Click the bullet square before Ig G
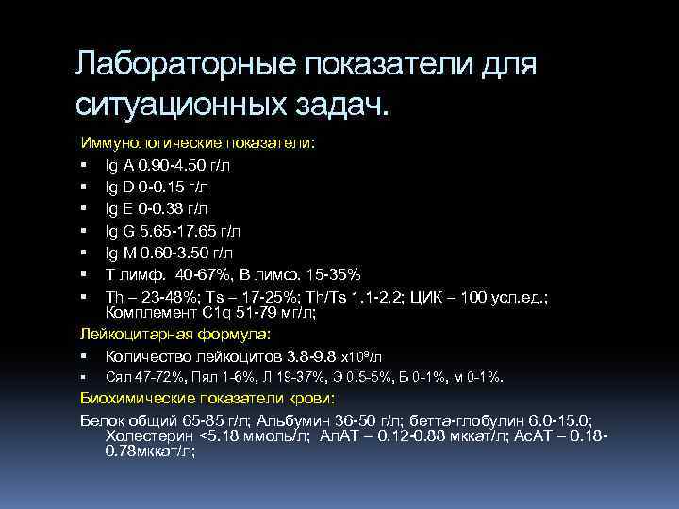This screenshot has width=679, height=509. point(84,231)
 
